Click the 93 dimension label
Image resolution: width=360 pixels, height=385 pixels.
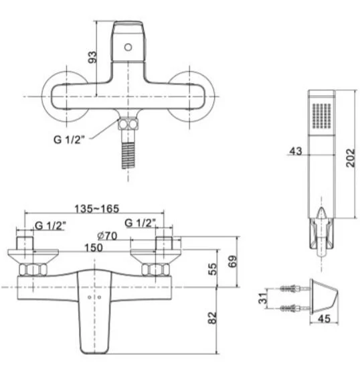(92, 57)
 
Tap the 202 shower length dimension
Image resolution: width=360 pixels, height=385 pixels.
(351, 157)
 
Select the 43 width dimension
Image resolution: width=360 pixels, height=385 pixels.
(296, 151)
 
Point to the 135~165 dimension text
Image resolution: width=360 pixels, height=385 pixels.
(96, 209)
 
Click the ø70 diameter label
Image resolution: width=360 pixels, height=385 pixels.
(107, 236)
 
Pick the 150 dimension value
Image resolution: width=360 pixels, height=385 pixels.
(94, 248)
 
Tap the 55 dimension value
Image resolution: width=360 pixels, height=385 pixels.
(213, 269)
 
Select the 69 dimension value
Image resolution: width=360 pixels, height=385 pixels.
(233, 261)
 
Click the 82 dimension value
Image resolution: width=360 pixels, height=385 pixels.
(213, 318)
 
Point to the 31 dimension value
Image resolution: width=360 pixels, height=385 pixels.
(263, 299)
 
